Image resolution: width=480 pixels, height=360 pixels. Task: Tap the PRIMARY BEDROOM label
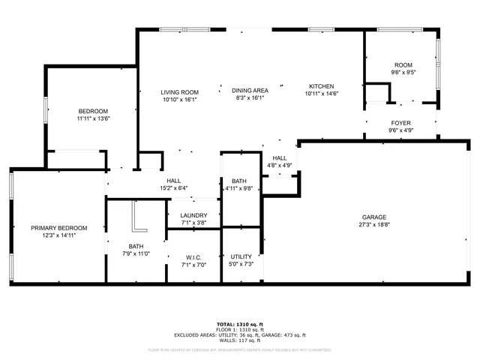58,228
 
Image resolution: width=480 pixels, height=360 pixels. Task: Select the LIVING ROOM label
178,92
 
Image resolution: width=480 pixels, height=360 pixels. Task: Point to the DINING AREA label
250,90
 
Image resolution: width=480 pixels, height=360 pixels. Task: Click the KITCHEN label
322,86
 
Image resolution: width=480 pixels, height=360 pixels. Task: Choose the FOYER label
400,123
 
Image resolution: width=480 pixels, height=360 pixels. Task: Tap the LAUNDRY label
193,215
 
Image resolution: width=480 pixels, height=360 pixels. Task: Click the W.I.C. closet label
193,257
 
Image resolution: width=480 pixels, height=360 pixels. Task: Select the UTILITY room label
241,256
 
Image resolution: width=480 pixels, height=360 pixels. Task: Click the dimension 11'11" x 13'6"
93,118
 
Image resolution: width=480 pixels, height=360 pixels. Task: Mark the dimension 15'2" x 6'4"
173,188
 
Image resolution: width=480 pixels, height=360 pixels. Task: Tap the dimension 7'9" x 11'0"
136,253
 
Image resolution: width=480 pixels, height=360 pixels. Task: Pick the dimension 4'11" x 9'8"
239,188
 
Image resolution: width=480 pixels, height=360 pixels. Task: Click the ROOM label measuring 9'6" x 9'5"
402,65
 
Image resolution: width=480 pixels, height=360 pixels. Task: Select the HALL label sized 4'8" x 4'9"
279,157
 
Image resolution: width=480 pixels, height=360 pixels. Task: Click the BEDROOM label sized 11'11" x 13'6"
93,111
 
